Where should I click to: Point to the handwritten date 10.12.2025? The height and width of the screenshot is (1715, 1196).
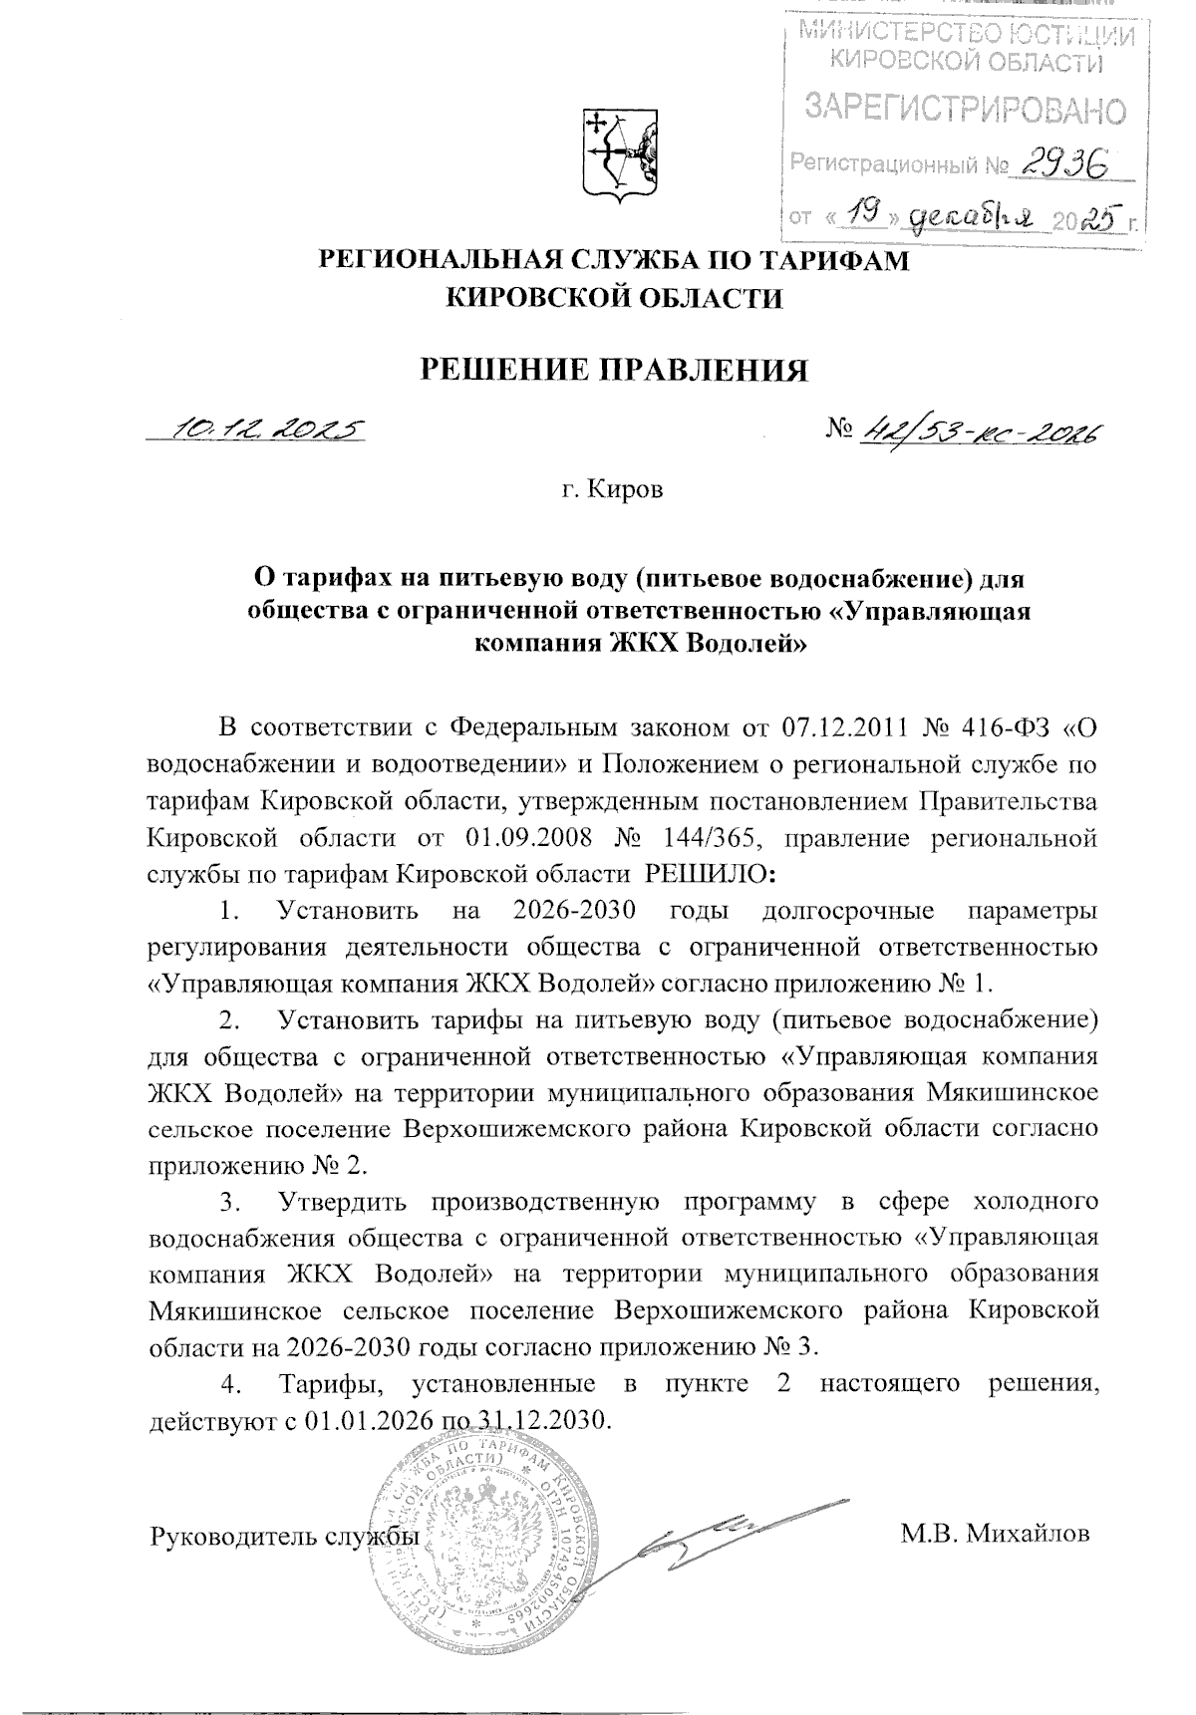(x=268, y=429)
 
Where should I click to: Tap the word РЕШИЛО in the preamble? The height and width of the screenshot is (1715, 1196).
(x=710, y=874)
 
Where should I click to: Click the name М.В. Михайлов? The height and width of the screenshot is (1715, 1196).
(x=995, y=1533)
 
